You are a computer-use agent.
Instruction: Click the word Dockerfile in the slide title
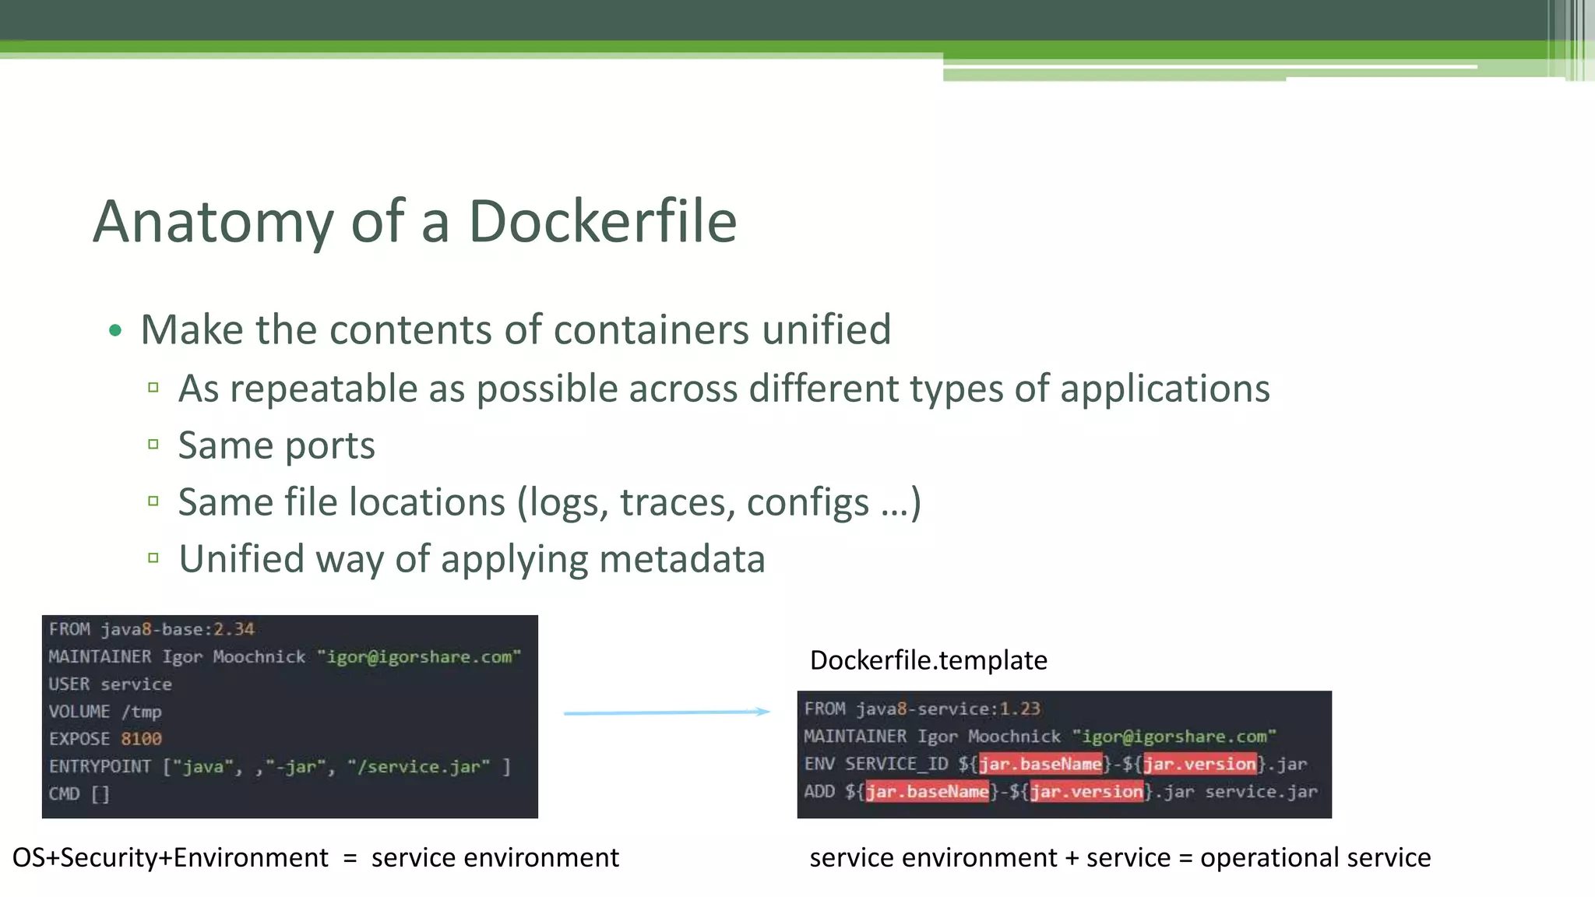pos(602,222)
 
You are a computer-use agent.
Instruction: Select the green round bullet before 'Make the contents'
pos(116,331)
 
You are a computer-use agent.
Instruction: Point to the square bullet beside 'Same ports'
pos(153,445)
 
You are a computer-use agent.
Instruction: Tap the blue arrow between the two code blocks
pos(667,712)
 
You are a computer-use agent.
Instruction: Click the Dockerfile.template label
pos(928,660)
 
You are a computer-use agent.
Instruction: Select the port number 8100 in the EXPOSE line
pos(141,739)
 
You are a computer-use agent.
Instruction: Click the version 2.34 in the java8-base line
pos(234,629)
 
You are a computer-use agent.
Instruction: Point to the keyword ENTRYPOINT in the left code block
pos(100,767)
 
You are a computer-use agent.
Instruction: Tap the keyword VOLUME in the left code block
pos(79,712)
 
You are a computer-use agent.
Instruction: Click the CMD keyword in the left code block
pos(64,794)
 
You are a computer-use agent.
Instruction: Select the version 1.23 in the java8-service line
pos(1019,709)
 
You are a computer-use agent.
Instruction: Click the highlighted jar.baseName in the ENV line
pos(1040,764)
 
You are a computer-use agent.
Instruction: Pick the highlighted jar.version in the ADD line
pos(1087,792)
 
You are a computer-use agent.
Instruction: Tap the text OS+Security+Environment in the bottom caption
pos(171,858)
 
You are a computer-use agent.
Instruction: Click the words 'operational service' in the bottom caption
pos(1315,858)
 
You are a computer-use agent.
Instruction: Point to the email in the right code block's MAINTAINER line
pos(1174,737)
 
